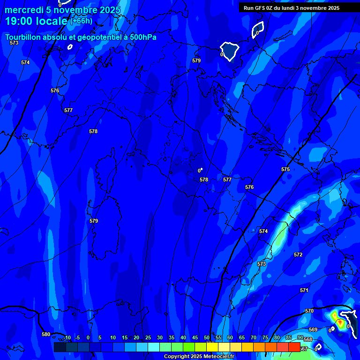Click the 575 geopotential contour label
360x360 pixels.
click(285, 169)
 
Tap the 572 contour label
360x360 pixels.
click(298, 255)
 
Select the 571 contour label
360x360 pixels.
click(304, 290)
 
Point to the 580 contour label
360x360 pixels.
click(46, 334)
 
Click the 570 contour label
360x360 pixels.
click(309, 311)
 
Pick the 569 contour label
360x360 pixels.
click(313, 330)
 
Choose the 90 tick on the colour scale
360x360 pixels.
click(300, 337)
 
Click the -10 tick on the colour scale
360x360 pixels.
click(67, 337)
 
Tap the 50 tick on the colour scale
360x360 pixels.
click(207, 337)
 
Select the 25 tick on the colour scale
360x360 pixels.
click(148, 337)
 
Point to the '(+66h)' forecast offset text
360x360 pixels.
click(81, 21)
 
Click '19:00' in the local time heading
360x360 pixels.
click(18, 21)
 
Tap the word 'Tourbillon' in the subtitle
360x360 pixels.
click(23, 37)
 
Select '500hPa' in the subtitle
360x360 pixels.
click(142, 37)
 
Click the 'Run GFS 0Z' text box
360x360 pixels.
click(292, 8)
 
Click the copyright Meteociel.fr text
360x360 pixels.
click(199, 356)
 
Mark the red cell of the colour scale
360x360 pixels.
click(294, 347)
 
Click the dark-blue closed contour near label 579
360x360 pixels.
click(230, 51)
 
